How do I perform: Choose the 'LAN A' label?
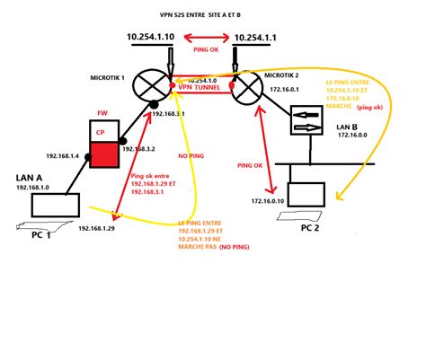31,178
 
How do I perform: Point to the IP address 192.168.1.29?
96,230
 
